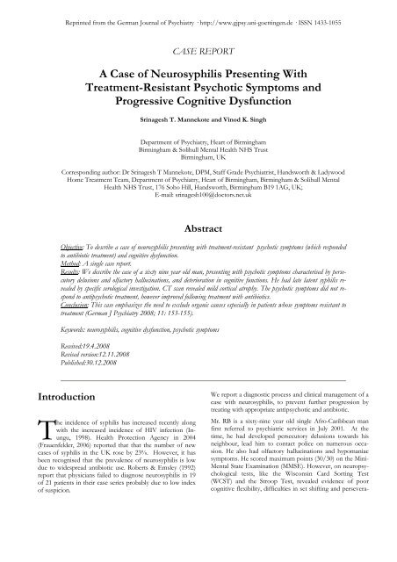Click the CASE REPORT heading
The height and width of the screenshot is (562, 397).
[198, 52]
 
